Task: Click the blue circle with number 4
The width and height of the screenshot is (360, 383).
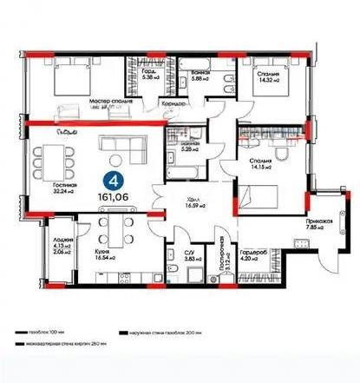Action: (112, 181)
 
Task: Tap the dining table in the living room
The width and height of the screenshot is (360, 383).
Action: (49, 163)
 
